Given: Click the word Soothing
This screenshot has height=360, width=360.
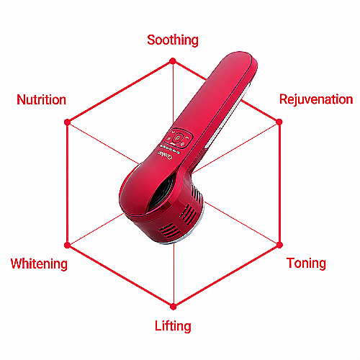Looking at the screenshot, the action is (x=173, y=40).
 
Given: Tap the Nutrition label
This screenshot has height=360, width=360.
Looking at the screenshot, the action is (x=41, y=99).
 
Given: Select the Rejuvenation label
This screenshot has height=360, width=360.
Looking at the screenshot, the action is (x=316, y=99).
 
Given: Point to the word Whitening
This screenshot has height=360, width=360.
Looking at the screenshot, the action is (x=39, y=264).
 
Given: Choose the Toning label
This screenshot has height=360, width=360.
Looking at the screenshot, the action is (x=306, y=264).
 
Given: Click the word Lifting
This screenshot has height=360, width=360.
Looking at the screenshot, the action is (x=173, y=326).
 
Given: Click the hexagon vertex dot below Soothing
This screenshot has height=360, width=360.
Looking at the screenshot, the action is (x=173, y=61).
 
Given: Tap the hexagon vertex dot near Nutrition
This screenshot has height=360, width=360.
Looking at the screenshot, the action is (x=68, y=122).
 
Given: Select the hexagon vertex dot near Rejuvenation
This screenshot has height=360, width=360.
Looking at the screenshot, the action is (x=279, y=122).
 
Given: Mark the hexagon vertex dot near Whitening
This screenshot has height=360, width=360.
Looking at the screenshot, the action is (x=67, y=246).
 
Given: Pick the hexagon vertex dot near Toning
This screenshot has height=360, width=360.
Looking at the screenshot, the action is (x=279, y=245).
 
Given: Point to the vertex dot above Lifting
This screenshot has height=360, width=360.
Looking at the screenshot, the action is (x=174, y=307).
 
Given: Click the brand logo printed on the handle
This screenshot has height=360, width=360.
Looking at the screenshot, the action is (x=165, y=156).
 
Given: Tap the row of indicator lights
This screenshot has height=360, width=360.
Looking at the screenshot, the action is (x=170, y=149).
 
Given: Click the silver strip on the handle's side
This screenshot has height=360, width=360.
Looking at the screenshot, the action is (x=227, y=115).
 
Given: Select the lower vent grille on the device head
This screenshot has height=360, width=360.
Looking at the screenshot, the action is (x=169, y=230).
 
